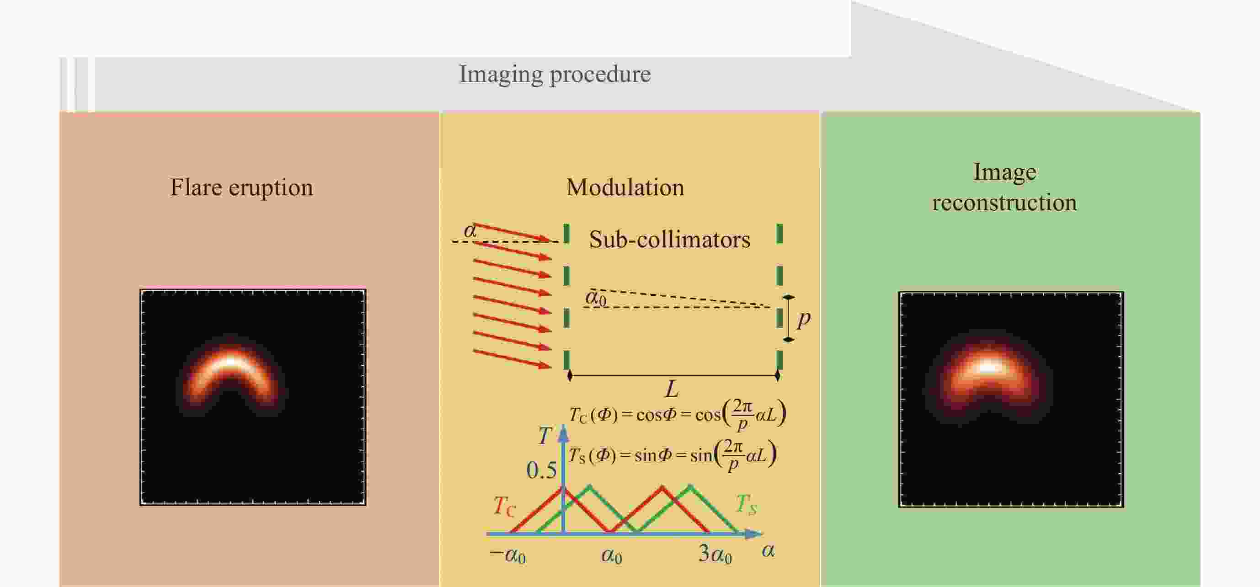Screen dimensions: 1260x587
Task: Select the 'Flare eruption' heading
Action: pos(242,187)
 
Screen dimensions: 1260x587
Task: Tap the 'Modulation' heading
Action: pos(625,187)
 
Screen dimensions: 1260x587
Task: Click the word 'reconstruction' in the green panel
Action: pos(1004,203)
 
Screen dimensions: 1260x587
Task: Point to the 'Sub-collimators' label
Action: pos(670,239)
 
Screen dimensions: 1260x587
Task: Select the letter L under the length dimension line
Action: pos(672,390)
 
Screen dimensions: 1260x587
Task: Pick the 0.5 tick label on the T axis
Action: pos(541,470)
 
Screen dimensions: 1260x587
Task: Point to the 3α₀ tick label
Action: pos(715,554)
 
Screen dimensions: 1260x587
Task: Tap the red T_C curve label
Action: pos(504,506)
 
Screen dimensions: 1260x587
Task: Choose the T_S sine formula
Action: pos(672,455)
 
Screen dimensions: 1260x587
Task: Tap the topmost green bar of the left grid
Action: pos(566,233)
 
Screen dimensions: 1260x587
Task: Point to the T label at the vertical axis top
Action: pos(545,435)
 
